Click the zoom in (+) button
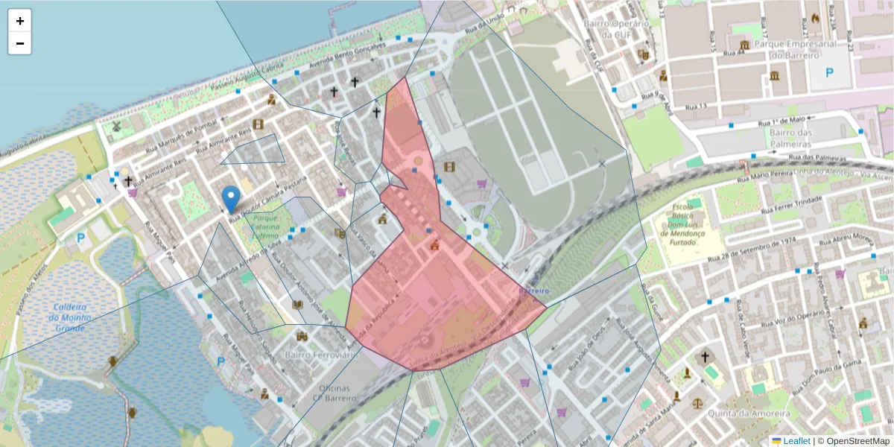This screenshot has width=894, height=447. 20,21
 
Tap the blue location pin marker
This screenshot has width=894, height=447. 231,197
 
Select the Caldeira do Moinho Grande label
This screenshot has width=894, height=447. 69,317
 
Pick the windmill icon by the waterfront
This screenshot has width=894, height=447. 115,126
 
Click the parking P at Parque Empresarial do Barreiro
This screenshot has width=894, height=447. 829,73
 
